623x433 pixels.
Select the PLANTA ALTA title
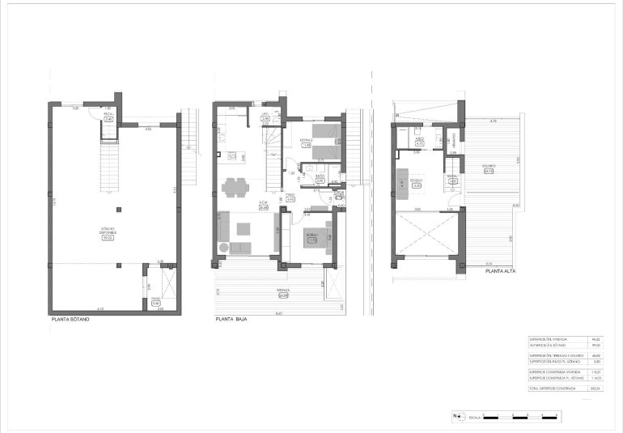coord(500,272)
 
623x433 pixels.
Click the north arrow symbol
coord(458,417)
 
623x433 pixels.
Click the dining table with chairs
coord(235,187)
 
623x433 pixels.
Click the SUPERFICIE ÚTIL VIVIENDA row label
coord(548,338)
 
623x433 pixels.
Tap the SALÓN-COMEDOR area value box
coord(263,207)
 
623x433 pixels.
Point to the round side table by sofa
coord(224,247)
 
